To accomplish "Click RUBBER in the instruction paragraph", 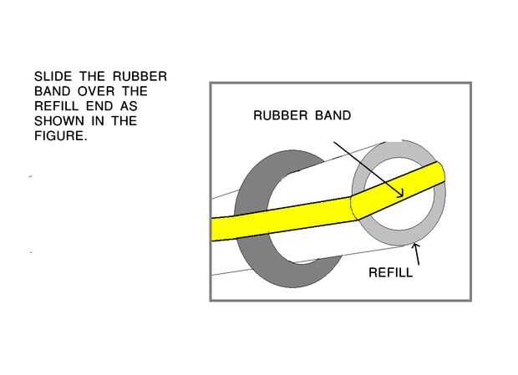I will click(142, 77).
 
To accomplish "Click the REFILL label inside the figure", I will click(390, 272).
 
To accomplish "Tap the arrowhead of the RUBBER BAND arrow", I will click(400, 193).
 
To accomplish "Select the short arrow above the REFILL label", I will click(416, 253).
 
